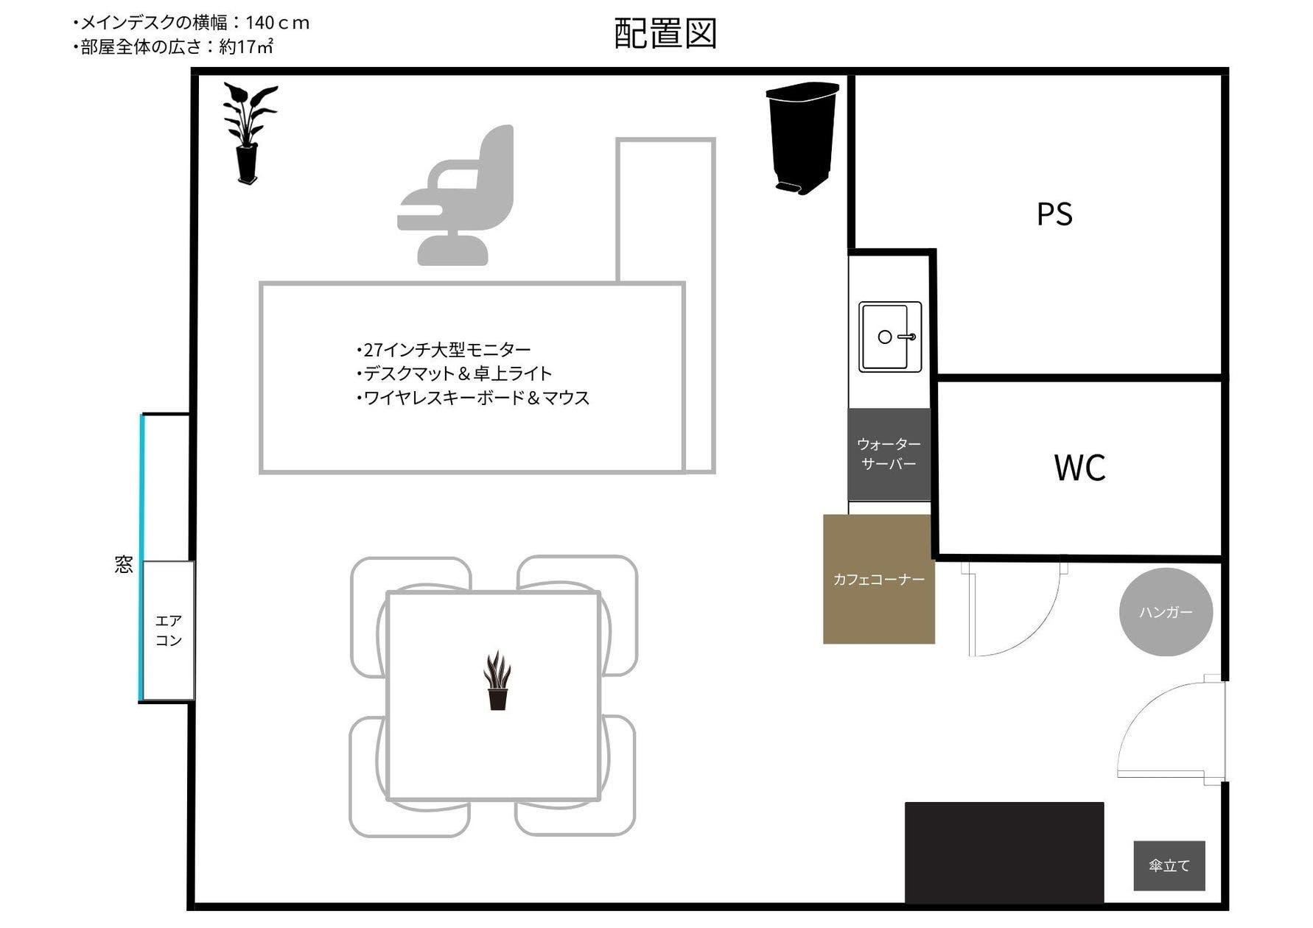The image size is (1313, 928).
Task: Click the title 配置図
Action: [665, 34]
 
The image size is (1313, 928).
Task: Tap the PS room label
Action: [1054, 214]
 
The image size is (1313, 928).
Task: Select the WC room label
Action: [1079, 468]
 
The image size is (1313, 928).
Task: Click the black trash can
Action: [802, 136]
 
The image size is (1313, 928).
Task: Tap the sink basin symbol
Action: [890, 337]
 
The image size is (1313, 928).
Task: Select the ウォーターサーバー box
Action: [889, 454]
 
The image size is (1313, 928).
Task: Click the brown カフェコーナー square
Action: [878, 579]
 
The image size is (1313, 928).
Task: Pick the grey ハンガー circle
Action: [1166, 612]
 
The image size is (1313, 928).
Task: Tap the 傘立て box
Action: [1169, 865]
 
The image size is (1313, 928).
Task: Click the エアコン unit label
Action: [168, 630]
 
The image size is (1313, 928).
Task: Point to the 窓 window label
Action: [124, 565]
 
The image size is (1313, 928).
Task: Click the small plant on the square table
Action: [497, 681]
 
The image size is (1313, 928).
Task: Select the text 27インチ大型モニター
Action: [444, 349]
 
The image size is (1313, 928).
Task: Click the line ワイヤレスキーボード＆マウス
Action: [473, 398]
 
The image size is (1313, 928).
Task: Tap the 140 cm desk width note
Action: [192, 23]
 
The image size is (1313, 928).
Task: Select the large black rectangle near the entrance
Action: [1004, 851]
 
